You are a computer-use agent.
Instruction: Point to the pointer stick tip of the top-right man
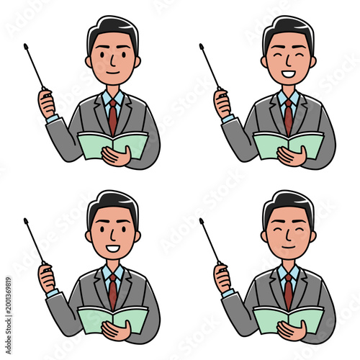coord(201,48)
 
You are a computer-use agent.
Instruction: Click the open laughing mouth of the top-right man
coord(288,73)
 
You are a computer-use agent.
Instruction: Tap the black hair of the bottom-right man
coord(288,200)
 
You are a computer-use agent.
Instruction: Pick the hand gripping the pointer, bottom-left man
coord(47,279)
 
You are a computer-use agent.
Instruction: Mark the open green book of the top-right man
coord(288,144)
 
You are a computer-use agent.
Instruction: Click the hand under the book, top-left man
coord(117,156)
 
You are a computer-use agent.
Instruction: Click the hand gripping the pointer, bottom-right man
coord(222,279)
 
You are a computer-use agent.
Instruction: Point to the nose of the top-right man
coord(288,63)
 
